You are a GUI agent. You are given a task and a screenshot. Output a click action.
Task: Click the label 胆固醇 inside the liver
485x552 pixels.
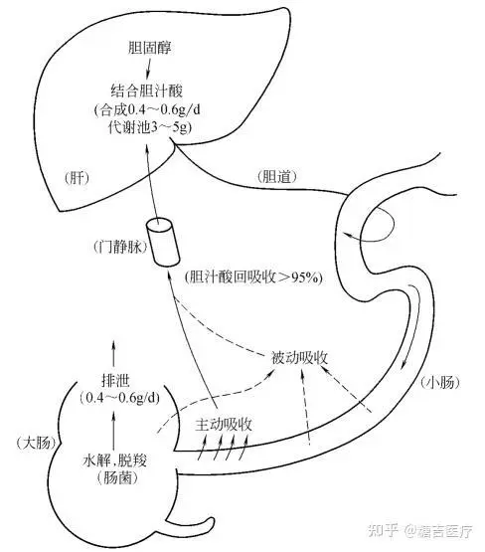[149, 48]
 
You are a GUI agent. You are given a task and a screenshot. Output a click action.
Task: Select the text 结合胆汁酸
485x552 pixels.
[147, 91]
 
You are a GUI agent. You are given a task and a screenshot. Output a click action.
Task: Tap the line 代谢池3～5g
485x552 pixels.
[150, 127]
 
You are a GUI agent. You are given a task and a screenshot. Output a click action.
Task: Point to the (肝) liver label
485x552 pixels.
[77, 178]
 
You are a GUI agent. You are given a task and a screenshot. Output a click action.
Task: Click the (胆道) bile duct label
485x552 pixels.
[277, 176]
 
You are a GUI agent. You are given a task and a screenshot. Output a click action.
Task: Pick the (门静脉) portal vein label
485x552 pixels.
[120, 247]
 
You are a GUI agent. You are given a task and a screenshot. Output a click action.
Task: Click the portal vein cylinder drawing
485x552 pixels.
[163, 243]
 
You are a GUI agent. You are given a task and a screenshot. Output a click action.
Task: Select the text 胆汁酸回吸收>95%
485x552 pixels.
[254, 277]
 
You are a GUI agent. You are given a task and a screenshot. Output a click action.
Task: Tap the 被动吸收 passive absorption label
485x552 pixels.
[300, 358]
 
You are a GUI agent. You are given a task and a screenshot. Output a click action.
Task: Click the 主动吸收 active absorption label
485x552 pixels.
[224, 425]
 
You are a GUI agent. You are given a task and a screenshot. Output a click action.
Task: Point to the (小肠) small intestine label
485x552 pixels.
[440, 382]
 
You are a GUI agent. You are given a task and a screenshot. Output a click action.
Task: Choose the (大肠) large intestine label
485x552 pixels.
[36, 443]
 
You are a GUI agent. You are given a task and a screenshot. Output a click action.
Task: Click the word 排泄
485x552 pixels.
[115, 381]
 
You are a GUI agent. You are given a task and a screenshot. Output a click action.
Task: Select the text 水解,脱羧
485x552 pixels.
[114, 460]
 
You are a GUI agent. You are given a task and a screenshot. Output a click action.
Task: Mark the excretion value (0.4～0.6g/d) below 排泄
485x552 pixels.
[119, 398]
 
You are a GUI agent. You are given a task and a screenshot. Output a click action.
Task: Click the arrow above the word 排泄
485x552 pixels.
[113, 353]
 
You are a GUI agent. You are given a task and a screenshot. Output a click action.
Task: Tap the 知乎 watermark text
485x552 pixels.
[383, 531]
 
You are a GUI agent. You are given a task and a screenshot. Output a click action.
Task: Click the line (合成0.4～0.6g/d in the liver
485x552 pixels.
[147, 109]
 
